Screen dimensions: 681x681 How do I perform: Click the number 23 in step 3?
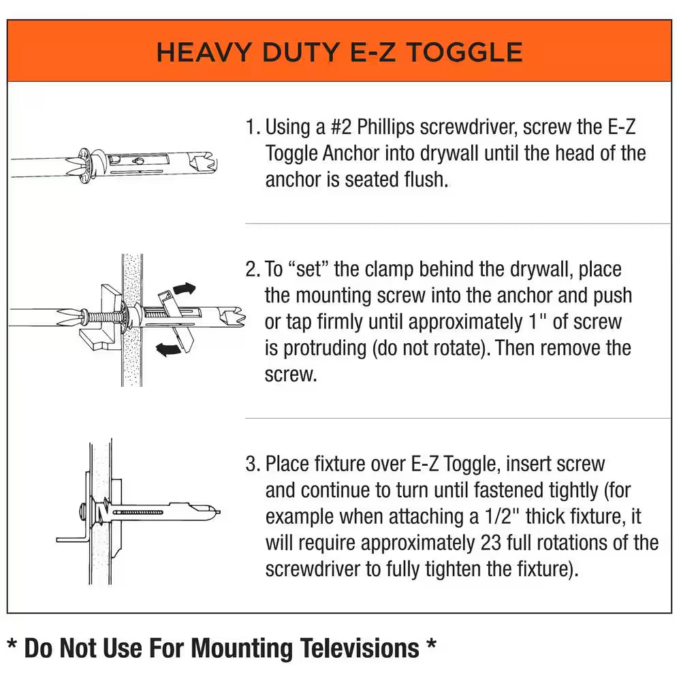click(489, 543)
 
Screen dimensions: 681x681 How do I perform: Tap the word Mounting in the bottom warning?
click(226, 648)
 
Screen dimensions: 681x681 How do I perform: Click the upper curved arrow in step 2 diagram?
click(182, 288)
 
